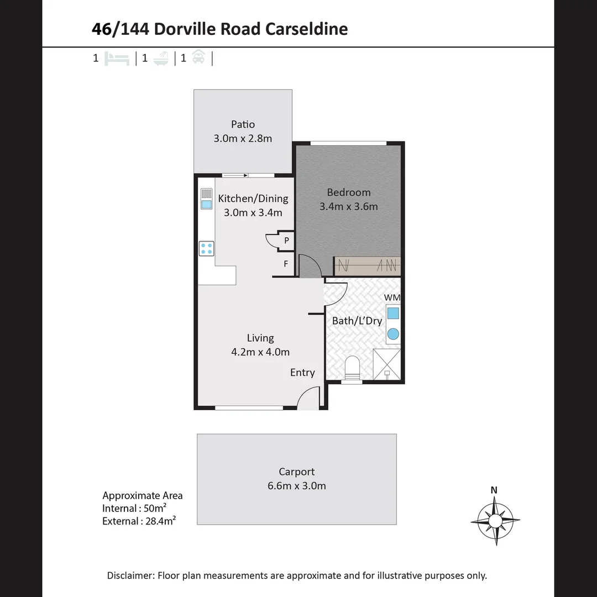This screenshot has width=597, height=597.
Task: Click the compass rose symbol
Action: (x=495, y=520)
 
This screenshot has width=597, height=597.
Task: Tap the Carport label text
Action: (x=296, y=472)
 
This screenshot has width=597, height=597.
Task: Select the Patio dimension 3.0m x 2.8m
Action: (x=243, y=139)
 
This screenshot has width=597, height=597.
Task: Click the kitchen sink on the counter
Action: (x=206, y=204)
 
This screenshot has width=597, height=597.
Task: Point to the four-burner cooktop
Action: (x=207, y=249)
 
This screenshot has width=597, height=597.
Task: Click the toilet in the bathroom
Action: (x=352, y=367)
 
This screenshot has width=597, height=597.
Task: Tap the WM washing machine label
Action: (x=392, y=297)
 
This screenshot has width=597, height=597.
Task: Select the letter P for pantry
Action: (x=286, y=240)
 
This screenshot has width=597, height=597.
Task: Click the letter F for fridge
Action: (x=286, y=264)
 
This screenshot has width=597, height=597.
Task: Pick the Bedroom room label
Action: (x=348, y=192)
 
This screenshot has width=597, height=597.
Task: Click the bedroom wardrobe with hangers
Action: (x=368, y=266)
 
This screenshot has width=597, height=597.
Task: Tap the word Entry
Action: (x=302, y=373)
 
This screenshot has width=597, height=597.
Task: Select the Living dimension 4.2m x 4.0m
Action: (x=260, y=352)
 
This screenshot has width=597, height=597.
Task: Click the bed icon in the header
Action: (x=117, y=58)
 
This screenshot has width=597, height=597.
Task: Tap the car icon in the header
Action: (x=198, y=57)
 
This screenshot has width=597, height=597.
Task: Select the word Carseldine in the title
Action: (x=306, y=29)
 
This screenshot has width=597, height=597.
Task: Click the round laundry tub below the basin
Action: (x=392, y=334)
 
